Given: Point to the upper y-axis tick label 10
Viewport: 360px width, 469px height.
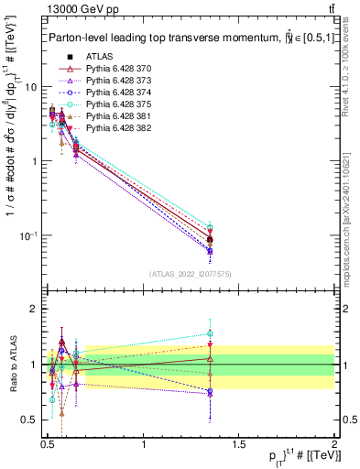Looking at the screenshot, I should click(x=30, y=87).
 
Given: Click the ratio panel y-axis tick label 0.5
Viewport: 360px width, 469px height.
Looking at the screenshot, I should click(x=27, y=420).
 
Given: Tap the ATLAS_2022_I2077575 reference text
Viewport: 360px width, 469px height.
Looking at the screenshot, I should click(x=189, y=274).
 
